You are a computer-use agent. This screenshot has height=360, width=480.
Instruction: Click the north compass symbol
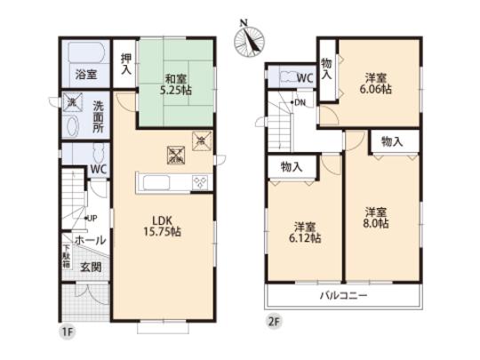click(250, 38)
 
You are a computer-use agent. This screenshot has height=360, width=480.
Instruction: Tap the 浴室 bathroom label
click(85, 76)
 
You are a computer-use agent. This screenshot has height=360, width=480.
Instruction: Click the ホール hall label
click(90, 240)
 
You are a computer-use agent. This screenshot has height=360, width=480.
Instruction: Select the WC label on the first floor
click(99, 166)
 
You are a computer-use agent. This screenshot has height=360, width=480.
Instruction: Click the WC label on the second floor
click(305, 78)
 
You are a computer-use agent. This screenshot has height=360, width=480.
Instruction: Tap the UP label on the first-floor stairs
click(91, 218)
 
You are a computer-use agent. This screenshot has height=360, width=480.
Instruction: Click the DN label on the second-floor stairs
click(300, 102)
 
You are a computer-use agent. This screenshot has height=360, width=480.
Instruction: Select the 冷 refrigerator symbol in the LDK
click(201, 139)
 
